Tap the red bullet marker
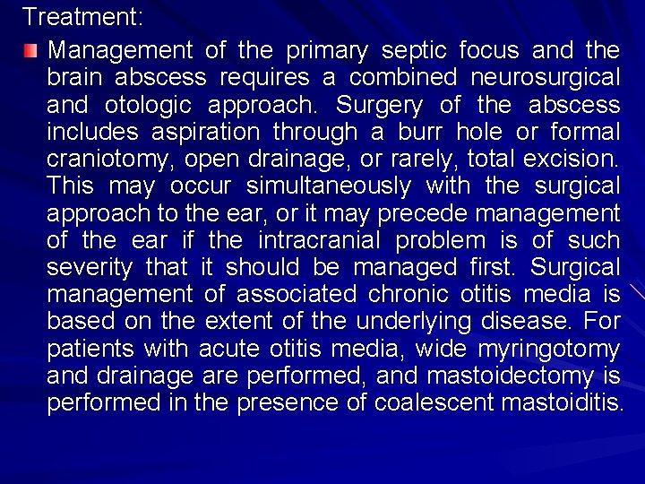[31, 48]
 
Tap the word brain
[74, 78]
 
